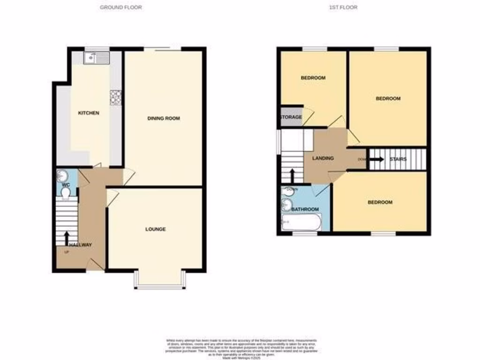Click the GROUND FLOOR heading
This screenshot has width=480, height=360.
click(121, 7)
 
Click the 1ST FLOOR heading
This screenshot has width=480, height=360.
click(346, 7)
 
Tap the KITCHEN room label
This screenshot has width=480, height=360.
click(89, 113)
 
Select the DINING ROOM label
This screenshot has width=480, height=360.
click(164, 119)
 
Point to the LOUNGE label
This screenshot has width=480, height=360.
click(155, 229)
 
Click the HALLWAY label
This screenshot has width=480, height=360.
click(80, 245)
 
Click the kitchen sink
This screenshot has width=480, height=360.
click(96, 58)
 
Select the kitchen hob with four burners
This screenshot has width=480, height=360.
click(115, 97)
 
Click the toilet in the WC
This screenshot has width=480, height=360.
click(65, 193)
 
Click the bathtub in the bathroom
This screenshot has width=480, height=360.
click(301, 222)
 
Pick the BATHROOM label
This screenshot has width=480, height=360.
click(305, 209)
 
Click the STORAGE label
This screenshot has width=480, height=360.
click(291, 117)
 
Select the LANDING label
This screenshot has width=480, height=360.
click(323, 158)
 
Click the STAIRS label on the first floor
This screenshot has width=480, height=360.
click(398, 159)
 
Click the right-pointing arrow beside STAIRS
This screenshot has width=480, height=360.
click(376, 159)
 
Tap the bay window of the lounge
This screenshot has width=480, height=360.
click(159, 281)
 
